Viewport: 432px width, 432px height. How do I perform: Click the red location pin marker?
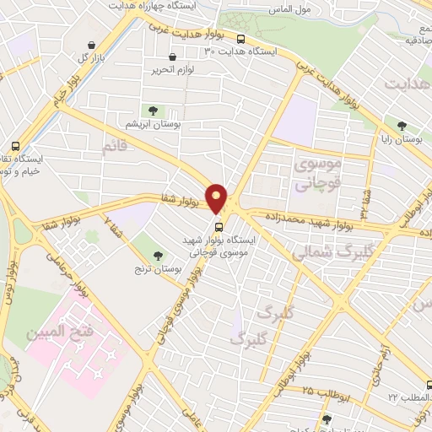[217, 198]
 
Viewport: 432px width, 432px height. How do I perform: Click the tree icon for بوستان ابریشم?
[153, 111]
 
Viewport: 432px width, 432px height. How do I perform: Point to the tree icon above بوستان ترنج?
[158, 254]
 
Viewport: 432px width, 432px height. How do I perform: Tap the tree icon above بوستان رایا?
[402, 125]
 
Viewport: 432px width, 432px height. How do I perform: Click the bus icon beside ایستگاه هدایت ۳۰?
[241, 38]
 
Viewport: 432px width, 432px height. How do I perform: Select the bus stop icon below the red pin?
[219, 227]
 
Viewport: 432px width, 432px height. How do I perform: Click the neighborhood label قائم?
[116, 147]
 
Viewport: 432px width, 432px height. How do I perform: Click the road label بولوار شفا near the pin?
[179, 200]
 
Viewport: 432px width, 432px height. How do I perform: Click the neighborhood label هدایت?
[408, 84]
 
